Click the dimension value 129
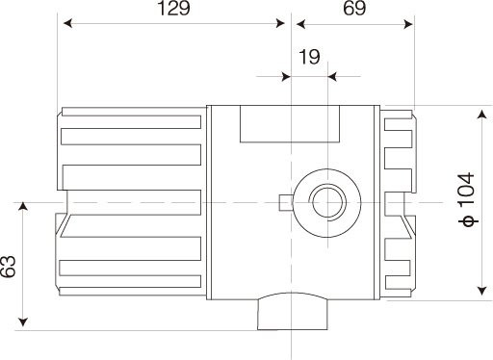tap(174, 9)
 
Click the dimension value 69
tap(354, 9)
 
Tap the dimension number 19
tap(309, 57)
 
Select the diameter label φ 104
tap(467, 199)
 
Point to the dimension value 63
tap(8, 267)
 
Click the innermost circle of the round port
tap(327, 203)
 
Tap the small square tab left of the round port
tap(285, 203)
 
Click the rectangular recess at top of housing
tap(290, 123)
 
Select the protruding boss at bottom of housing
tap(293, 311)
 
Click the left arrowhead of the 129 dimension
tap(67, 23)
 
